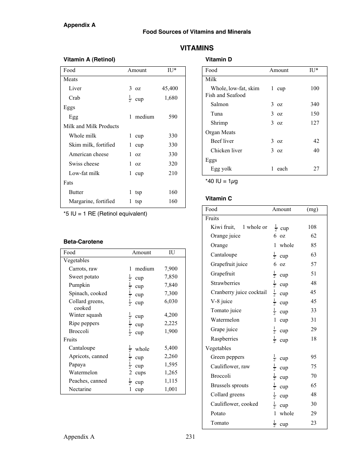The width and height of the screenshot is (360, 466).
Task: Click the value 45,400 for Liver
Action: click(x=170, y=88)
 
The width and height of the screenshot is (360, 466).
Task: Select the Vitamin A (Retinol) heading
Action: click(x=89, y=59)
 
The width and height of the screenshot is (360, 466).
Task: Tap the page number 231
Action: click(x=190, y=437)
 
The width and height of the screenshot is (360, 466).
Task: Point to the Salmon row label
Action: click(x=219, y=104)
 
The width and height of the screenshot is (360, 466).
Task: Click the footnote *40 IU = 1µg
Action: click(x=222, y=181)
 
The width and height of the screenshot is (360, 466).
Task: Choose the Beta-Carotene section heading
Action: click(x=83, y=242)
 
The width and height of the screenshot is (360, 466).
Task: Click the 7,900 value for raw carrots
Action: click(x=171, y=269)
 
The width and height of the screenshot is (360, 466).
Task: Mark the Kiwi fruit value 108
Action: click(x=312, y=227)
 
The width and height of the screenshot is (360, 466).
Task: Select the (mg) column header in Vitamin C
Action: click(x=312, y=209)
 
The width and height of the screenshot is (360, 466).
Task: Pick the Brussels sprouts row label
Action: click(x=230, y=385)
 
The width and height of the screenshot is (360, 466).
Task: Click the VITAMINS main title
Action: click(x=197, y=48)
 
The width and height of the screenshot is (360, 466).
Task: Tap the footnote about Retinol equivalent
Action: click(x=105, y=214)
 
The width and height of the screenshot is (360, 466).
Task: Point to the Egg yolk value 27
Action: click(x=316, y=169)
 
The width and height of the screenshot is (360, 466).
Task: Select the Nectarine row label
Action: click(x=80, y=389)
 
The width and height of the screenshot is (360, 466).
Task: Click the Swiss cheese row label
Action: click(x=84, y=164)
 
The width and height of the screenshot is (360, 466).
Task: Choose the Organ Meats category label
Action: click(x=220, y=132)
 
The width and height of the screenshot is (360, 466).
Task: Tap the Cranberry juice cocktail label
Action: click(x=239, y=292)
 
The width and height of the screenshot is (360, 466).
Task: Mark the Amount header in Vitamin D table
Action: click(x=279, y=70)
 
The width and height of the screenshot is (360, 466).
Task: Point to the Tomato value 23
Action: click(x=313, y=423)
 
